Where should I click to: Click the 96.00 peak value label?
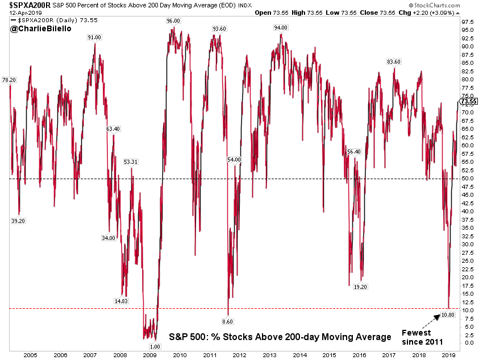(x=173, y=21)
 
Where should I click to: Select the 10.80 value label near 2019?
(x=449, y=314)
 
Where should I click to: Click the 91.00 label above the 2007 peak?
(x=94, y=37)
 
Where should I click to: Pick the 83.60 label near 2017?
(x=393, y=62)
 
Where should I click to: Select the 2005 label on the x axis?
(x=30, y=355)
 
